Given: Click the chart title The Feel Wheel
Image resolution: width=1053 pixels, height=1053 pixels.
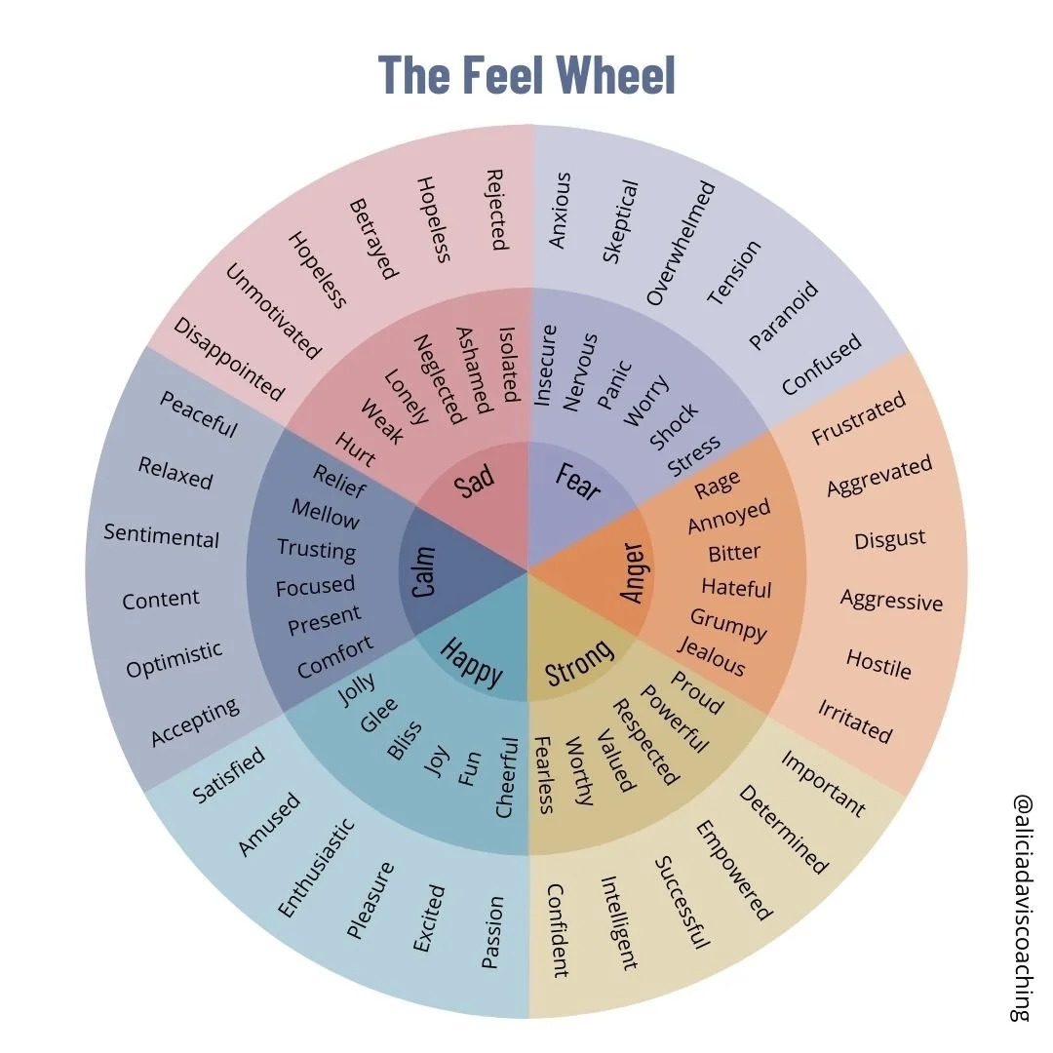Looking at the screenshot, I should (526, 75).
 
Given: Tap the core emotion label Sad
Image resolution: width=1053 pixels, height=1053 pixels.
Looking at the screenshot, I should (475, 480).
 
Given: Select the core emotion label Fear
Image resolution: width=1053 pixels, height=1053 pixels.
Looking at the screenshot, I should (577, 481).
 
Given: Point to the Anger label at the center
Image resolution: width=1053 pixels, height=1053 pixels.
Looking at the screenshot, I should (634, 570).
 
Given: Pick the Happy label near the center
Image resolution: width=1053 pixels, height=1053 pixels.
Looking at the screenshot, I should (472, 661).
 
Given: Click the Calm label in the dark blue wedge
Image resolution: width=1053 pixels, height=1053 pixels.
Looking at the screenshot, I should (423, 571).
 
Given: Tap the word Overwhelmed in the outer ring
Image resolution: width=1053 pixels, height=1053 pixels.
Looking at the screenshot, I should (681, 243).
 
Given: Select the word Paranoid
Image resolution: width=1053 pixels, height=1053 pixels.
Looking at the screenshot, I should (783, 315).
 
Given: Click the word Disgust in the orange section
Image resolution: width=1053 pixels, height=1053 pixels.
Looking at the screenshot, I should (889, 539).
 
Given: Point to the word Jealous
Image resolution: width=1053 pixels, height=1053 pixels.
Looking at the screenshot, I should (711, 656).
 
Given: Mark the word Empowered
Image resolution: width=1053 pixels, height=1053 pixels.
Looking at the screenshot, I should (732, 870).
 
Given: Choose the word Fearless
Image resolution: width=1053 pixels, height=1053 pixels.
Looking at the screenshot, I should (544, 774).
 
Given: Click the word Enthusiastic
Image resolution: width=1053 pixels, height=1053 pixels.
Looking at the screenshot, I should (316, 867).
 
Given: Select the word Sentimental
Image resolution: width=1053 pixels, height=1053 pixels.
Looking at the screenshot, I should (162, 535).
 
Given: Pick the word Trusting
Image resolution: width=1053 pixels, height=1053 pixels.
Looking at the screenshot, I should (316, 549).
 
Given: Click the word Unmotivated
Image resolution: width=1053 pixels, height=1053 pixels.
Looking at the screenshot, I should (273, 311).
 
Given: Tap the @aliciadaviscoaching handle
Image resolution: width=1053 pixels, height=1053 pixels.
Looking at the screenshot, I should (1021, 906).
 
